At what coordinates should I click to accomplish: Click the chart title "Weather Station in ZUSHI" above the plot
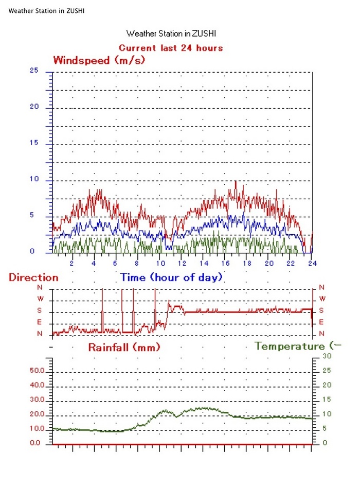[x=171, y=33]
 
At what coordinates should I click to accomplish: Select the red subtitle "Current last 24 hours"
[x=171, y=48]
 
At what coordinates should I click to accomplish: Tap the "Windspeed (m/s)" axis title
[x=99, y=60]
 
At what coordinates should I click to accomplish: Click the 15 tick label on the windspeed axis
[x=34, y=143]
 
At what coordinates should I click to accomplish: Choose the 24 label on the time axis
[x=312, y=263]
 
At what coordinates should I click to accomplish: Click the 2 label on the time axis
[x=72, y=263]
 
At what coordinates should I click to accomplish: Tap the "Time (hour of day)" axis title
[x=171, y=277]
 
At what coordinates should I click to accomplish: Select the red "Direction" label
[x=33, y=277]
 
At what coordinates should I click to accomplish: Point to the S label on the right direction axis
[x=322, y=310]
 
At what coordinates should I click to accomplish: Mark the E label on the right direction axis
[x=322, y=322]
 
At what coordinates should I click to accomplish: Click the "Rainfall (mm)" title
[x=124, y=347]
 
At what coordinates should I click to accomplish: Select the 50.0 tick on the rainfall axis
[x=39, y=371]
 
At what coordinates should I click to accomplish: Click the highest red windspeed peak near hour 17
[x=236, y=181]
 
